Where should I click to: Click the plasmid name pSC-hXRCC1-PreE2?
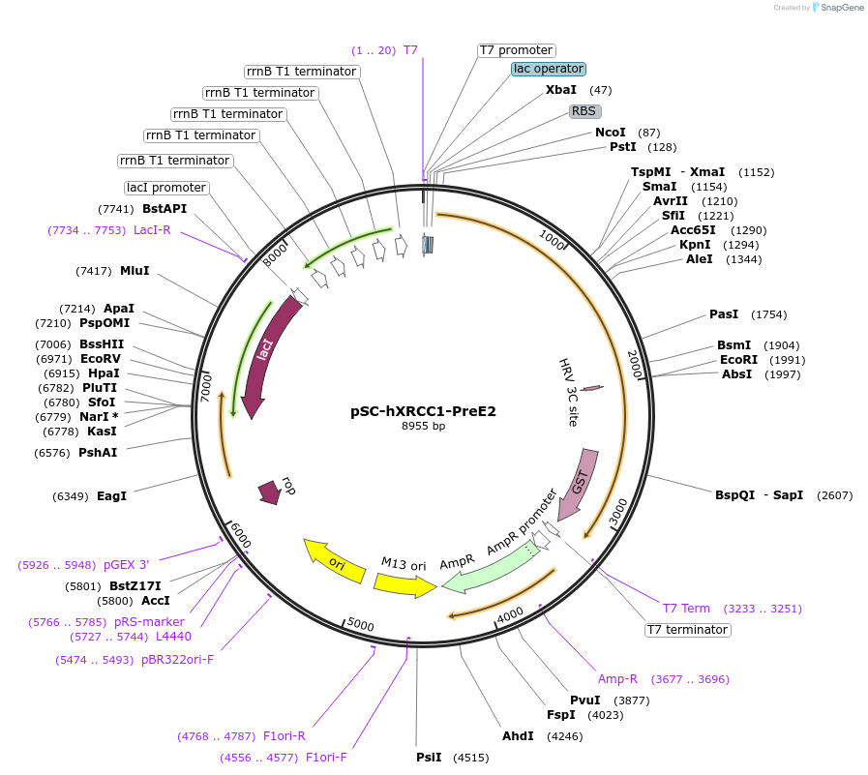tap(423, 410)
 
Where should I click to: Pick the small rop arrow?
tap(268, 492)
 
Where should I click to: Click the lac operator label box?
tap(549, 69)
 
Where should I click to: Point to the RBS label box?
tap(584, 111)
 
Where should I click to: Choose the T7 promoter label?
tap(516, 50)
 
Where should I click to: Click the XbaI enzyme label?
tap(561, 90)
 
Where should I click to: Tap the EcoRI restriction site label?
tap(737, 360)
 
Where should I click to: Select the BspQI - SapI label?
tap(759, 495)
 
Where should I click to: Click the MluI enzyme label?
tap(135, 271)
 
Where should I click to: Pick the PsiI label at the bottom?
tap(429, 757)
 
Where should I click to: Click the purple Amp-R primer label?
tap(617, 679)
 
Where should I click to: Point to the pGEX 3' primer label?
tap(127, 564)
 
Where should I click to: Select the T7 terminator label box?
tap(687, 630)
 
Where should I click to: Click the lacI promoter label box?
tap(166, 188)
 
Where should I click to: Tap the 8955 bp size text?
tap(423, 426)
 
